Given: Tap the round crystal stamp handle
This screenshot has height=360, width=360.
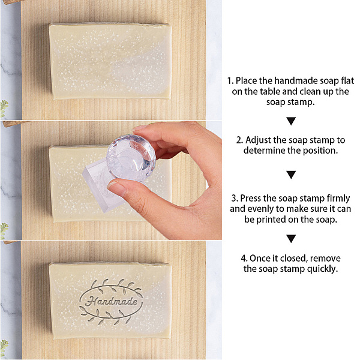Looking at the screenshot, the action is pyautogui.click(x=131, y=157).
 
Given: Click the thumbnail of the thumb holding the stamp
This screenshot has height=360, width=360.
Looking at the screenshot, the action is pyautogui.click(x=116, y=188).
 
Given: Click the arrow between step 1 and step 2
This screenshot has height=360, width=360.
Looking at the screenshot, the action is pyautogui.click(x=291, y=121).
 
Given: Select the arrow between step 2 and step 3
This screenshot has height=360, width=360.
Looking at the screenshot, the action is pyautogui.click(x=291, y=175).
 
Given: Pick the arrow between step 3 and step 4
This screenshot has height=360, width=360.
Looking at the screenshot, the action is pyautogui.click(x=291, y=239).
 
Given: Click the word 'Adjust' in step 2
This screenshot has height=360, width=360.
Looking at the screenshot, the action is pyautogui.click(x=257, y=140).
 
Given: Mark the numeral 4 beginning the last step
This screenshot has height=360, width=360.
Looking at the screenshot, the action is pyautogui.click(x=244, y=259).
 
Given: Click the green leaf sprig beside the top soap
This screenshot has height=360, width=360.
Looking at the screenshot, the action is pyautogui.click(x=4, y=108).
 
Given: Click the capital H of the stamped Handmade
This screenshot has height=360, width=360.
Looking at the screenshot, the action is pyautogui.click(x=91, y=301).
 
